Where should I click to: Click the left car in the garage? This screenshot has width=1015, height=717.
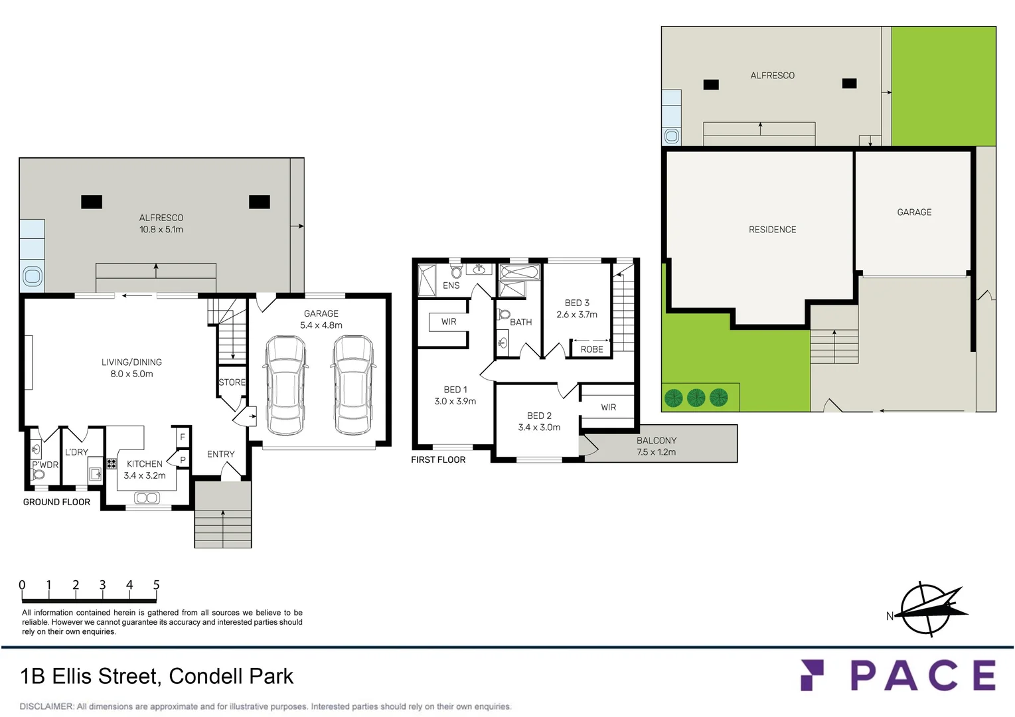coord(285,385)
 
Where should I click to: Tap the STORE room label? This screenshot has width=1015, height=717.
coord(232,382)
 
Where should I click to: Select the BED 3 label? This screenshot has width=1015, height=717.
coord(577,303)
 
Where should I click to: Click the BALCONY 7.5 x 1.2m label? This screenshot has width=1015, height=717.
coord(656,446)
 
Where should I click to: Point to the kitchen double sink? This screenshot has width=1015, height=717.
coord(146,498)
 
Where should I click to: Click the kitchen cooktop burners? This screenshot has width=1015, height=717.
coord(112,463)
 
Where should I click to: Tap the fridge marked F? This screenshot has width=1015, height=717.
coord(183,437)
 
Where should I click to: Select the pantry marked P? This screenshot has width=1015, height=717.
coord(183,460)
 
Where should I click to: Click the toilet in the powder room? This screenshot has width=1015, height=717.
coord(38,475)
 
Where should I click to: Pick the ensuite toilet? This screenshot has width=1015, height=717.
coord(456,272)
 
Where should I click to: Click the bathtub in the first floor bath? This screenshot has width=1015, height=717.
coord(519,272)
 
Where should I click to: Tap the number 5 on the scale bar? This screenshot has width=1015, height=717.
coord(156,585)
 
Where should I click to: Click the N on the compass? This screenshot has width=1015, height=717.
coord(890,616)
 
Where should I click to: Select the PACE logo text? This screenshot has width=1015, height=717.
coord(923,675)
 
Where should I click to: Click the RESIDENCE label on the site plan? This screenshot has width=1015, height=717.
coord(772,230)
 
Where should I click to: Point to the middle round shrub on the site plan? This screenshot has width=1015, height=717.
coord(696,398)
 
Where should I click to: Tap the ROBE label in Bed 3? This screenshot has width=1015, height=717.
coord(591,349)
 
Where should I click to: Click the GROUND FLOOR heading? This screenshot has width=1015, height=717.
coord(56,502)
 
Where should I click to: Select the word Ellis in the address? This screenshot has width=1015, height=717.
coord(74,677)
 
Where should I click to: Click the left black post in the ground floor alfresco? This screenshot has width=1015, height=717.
coord(92,202)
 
